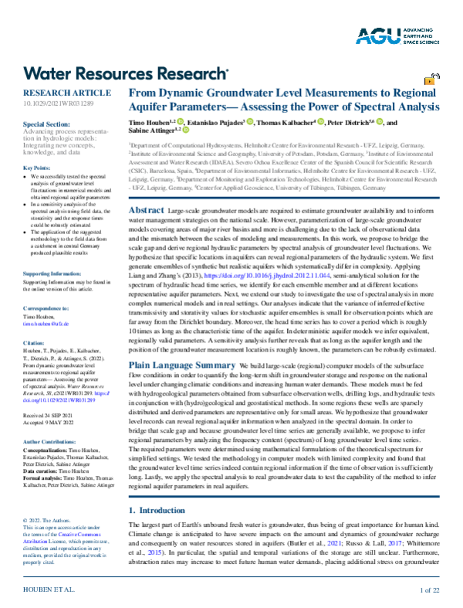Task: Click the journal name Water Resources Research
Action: coord(127,73)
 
